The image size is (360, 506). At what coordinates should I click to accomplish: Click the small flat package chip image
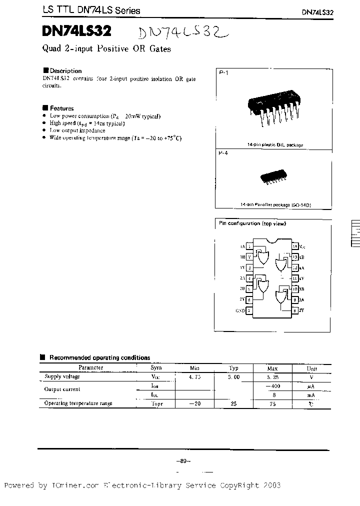(273, 178)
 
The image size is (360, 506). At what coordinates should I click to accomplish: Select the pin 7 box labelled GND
(249, 310)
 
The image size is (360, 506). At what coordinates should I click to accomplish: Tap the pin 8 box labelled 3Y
(295, 310)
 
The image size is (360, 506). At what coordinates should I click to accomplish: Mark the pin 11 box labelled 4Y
(295, 278)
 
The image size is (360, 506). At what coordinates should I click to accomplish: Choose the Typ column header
(233, 368)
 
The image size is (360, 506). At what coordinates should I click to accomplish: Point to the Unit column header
(311, 368)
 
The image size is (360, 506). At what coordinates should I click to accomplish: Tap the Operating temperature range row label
(78, 403)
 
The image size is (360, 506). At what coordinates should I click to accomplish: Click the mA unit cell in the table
(311, 394)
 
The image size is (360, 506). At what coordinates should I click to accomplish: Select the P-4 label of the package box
(223, 154)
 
